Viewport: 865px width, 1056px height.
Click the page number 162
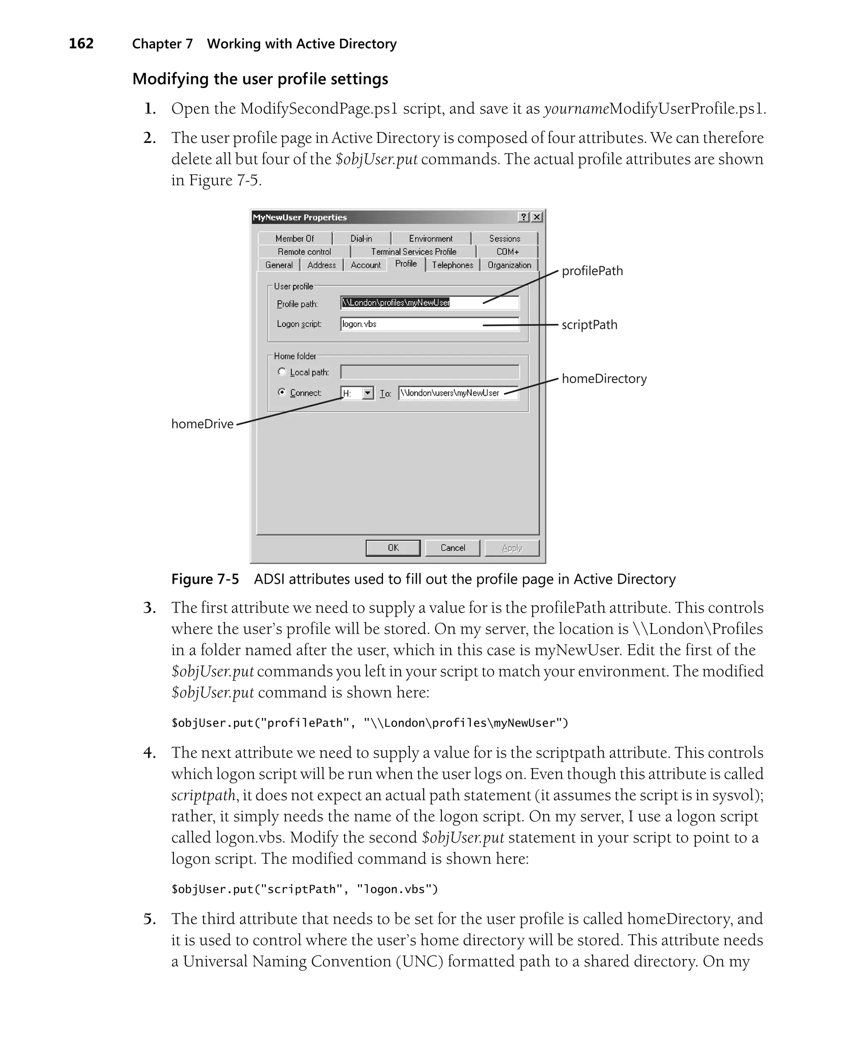81,44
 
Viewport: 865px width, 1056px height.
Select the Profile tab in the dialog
405,264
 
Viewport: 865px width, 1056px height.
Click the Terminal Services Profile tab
413,252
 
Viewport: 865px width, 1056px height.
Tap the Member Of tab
294,238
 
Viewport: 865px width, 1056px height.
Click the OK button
393,547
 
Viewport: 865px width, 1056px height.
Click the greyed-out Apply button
512,547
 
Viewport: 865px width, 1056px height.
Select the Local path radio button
282,372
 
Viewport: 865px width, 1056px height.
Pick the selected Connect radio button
282,392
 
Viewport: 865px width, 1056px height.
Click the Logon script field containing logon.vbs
430,324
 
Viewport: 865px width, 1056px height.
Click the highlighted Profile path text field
430,303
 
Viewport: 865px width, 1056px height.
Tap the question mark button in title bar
524,217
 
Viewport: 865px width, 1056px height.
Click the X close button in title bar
537,217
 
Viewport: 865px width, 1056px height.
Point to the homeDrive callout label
202,424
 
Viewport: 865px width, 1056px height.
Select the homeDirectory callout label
604,378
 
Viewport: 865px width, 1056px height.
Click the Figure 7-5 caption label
205,579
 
